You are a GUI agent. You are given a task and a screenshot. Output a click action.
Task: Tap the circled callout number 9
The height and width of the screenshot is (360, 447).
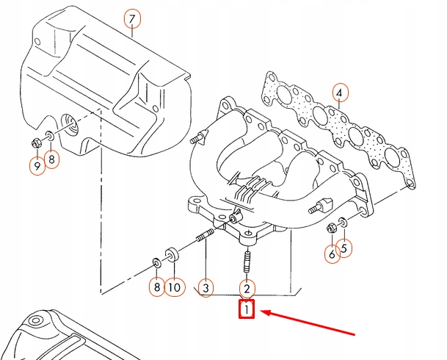tap(36, 167)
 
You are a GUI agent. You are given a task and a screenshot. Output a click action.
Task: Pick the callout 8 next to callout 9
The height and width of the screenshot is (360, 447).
tap(51, 159)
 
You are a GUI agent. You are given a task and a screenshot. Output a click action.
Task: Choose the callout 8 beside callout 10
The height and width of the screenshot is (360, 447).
tap(156, 287)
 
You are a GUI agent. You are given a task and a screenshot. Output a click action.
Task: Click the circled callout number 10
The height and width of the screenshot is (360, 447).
tap(174, 287)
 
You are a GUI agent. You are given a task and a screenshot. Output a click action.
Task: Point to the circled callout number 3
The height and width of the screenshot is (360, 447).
tap(207, 287)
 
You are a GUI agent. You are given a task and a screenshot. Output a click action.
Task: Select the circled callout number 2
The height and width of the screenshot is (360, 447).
tap(247, 289)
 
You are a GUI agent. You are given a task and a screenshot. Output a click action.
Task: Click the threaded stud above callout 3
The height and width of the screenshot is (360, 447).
tap(204, 237)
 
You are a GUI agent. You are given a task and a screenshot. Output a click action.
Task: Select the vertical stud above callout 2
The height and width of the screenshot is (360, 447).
tap(247, 262)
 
